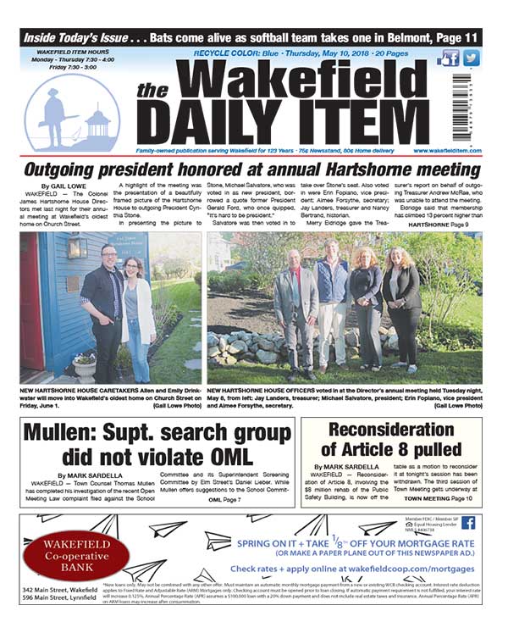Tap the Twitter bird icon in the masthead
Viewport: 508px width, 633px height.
(x=471, y=58)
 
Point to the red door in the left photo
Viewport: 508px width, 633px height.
(x=31, y=305)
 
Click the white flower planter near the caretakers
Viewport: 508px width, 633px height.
(x=85, y=364)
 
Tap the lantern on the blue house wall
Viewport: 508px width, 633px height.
(x=78, y=247)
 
